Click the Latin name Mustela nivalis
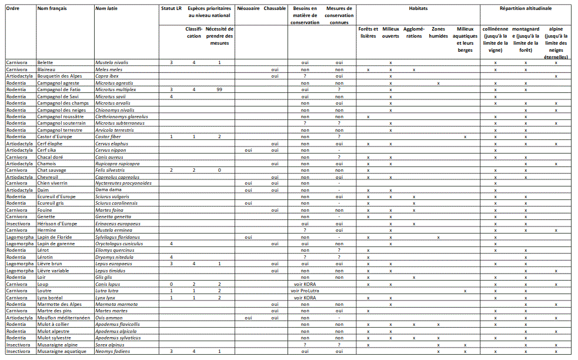pyautogui.click(x=112, y=62)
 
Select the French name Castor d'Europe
pyautogui.click(x=54, y=136)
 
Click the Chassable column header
pyautogui.click(x=275, y=9)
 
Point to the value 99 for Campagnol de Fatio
pyautogui.click(x=219, y=90)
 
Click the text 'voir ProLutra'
pyautogui.click(x=305, y=291)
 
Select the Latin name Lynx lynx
pyautogui.click(x=106, y=298)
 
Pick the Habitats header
pyautogui.click(x=418, y=9)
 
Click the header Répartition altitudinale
pyautogui.click(x=526, y=9)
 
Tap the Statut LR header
pyautogui.click(x=171, y=9)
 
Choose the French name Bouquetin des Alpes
pyautogui.click(x=59, y=76)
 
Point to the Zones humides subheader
pyautogui.click(x=438, y=32)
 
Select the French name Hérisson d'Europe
pyautogui.click(x=57, y=224)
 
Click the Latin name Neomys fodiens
pyautogui.click(x=112, y=351)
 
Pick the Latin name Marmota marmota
pyautogui.click(x=116, y=304)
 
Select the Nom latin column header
pyautogui.click(x=106, y=9)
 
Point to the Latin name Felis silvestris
pyautogui.click(x=111, y=170)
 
